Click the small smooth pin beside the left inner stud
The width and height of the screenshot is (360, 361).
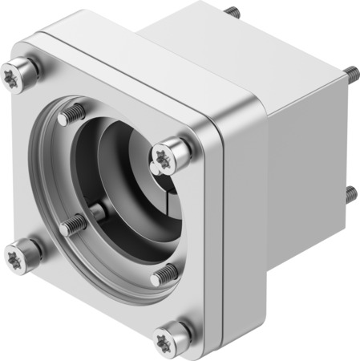(x=97, y=211)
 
